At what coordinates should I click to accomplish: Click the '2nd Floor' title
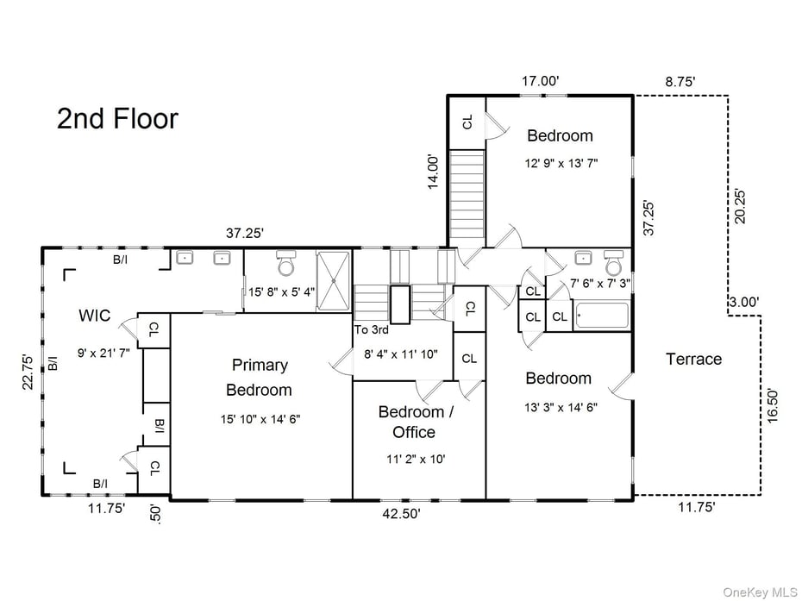pos(117,119)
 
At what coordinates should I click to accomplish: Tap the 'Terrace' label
pos(693,359)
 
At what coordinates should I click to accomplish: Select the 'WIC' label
pos(94,316)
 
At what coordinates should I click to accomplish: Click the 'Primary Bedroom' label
pos(259,377)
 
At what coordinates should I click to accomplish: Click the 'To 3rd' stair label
pos(371,329)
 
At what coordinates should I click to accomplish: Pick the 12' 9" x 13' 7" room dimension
pos(560,162)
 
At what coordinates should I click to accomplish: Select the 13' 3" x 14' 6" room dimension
pos(560,406)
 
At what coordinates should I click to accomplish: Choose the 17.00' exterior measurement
pos(540,81)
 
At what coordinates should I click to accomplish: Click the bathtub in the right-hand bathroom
pos(602,316)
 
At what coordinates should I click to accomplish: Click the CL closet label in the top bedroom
pos(467,122)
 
